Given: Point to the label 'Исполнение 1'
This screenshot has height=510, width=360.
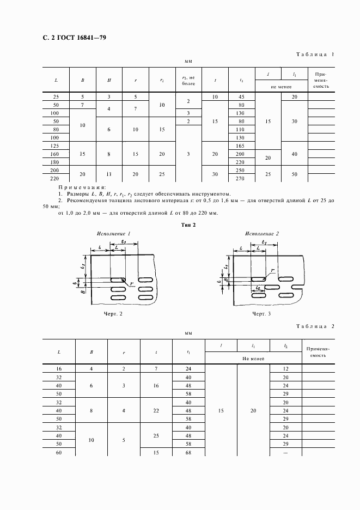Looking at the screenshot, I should [114, 233].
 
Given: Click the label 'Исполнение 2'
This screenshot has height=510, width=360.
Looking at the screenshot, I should [261, 233].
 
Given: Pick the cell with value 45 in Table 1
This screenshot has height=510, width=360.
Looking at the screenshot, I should [241, 96].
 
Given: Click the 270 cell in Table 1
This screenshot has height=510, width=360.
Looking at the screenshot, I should [241, 178].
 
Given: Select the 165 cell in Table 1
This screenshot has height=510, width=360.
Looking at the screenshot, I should [241, 146].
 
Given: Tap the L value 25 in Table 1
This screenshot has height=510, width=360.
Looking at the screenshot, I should [56, 96].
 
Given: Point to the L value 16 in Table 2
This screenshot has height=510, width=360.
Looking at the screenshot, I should [59, 369].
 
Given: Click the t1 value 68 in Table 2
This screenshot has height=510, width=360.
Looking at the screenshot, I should [188, 453].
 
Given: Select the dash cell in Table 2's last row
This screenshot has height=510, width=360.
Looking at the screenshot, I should [286, 453].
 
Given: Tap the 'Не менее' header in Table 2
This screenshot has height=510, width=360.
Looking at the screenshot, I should [253, 359].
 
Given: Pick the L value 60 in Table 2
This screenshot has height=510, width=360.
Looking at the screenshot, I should [59, 453].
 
